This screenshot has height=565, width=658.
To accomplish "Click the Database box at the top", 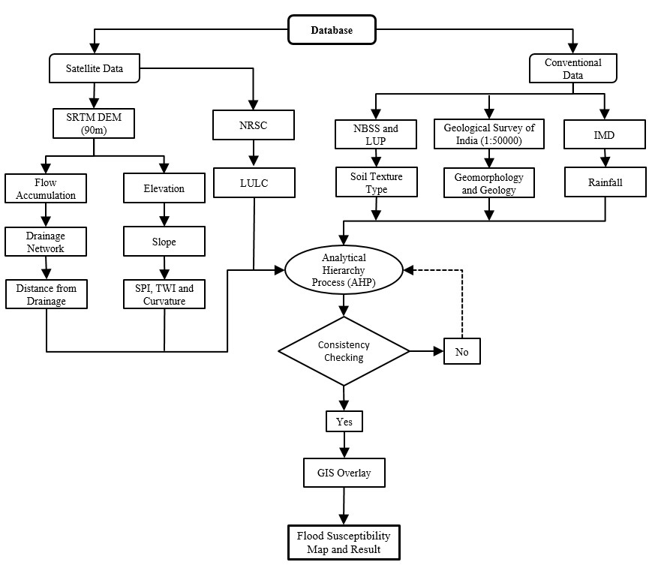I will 332,31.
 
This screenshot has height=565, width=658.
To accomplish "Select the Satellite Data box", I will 94,70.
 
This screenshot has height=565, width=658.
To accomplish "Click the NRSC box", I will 255,125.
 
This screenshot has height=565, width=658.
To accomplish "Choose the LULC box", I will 255,182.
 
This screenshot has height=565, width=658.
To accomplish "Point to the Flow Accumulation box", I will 45,188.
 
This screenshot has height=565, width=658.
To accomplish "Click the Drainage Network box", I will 45,242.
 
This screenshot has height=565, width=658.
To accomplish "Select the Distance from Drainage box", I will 45,294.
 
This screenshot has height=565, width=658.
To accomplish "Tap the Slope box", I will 164,242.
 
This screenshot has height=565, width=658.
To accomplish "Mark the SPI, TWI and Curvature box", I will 164,294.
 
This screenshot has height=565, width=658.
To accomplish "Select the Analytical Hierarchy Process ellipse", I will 344,269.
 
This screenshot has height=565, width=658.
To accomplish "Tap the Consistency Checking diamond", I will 344,350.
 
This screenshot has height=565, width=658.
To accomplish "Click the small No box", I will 461,350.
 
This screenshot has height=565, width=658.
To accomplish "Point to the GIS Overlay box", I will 344,473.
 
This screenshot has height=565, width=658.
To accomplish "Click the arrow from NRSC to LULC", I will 255,154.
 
